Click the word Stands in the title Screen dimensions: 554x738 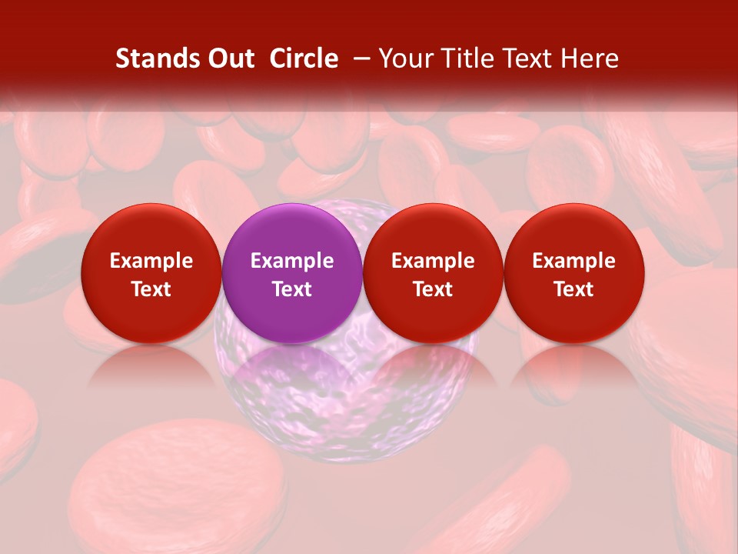pos(156,58)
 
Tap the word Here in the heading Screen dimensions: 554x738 pos(590,58)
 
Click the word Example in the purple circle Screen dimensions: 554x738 pos(292,261)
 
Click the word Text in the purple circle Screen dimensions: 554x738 pos(292,289)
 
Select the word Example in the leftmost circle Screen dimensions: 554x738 pos(151,261)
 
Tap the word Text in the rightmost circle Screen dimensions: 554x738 pos(573,289)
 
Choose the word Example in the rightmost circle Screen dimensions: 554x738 pos(573,261)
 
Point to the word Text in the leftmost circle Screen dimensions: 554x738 pos(151,289)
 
